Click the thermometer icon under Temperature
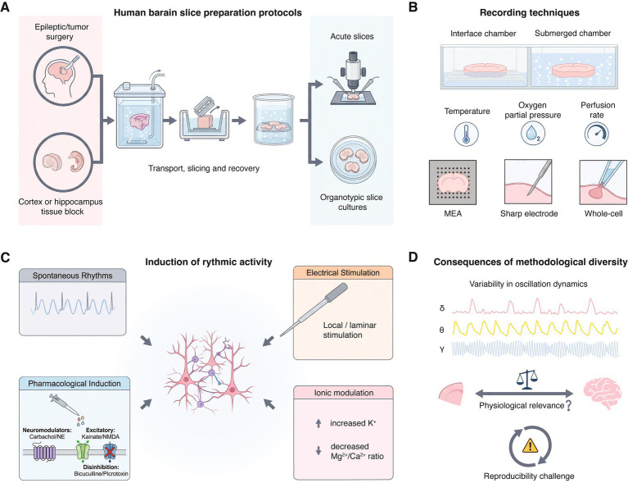pos(466,134)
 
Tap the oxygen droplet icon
pos(533,134)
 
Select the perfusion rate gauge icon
pos(597,134)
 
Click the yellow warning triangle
pos(531,445)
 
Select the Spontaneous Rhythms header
pos(73,276)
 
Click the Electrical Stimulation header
pos(343,273)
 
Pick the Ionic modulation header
pos(344,393)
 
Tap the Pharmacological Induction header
pos(74,384)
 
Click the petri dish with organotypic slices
pos(352,159)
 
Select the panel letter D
pos(413,257)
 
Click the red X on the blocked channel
pos(109,451)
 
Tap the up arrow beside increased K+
pos(319,423)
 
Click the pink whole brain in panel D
pos(602,394)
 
